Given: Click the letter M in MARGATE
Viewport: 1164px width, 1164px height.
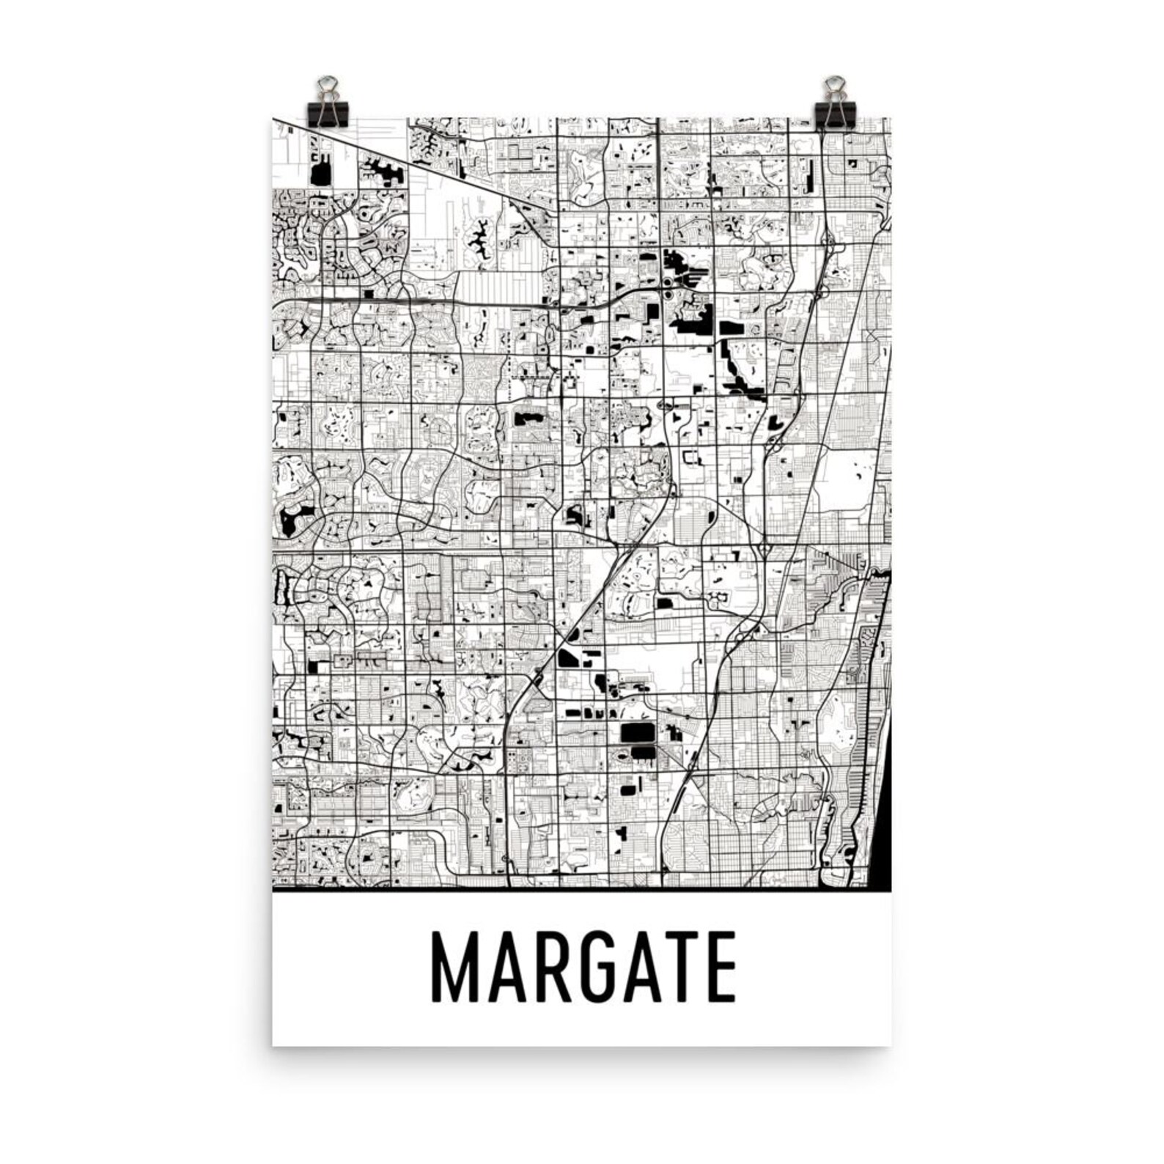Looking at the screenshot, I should tap(454, 967).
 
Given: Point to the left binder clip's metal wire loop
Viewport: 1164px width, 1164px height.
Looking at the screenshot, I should tap(329, 86).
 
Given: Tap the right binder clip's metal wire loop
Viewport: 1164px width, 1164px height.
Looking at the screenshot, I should tap(833, 86).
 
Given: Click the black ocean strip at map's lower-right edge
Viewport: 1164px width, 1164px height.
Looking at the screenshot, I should tap(884, 806).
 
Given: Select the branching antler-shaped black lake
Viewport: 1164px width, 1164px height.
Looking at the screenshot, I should tap(476, 236).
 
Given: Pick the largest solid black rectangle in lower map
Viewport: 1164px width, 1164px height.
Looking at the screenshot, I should tap(636, 732).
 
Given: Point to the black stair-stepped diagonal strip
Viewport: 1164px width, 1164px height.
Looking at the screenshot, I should tap(742, 374).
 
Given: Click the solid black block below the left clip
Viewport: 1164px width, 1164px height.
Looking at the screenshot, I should tap(320, 174).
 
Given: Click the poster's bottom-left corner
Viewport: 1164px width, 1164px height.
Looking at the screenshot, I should tap(273, 1045).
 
